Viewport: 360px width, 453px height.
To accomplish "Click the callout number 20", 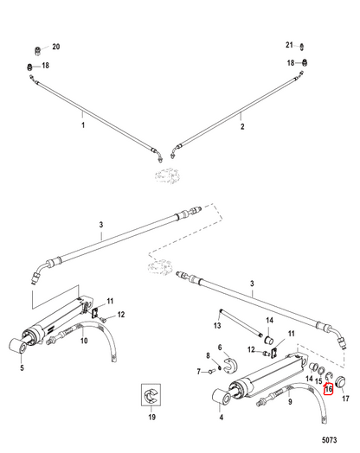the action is pyautogui.click(x=55, y=47).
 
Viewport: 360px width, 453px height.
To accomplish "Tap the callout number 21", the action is pyautogui.click(x=289, y=45).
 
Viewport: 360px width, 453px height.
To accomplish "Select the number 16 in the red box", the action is pyautogui.click(x=329, y=389).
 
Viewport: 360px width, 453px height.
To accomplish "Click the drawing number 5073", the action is pyautogui.click(x=330, y=440).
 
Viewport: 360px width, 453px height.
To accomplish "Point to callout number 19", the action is pyautogui.click(x=151, y=417).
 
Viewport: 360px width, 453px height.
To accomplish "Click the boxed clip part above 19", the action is pyautogui.click(x=151, y=395).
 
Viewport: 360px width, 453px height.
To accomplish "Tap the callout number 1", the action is pyautogui.click(x=83, y=125).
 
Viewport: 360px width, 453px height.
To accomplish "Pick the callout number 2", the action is pyautogui.click(x=242, y=126).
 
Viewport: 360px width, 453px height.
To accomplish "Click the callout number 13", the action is pyautogui.click(x=217, y=326).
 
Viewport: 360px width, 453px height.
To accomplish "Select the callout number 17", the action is pyautogui.click(x=345, y=399).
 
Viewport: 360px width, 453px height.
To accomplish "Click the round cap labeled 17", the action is pyautogui.click(x=340, y=382).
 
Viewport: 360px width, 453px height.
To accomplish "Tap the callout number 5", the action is pyautogui.click(x=22, y=368).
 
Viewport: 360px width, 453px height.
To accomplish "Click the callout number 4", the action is pyautogui.click(x=222, y=418).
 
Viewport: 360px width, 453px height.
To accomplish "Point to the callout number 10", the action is pyautogui.click(x=84, y=341).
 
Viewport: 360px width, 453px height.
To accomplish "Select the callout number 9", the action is pyautogui.click(x=290, y=402).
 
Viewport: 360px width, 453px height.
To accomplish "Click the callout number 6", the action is pyautogui.click(x=220, y=347).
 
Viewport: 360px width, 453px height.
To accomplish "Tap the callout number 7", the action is pyautogui.click(x=199, y=372).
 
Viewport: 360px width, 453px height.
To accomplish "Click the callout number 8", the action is pyautogui.click(x=208, y=355).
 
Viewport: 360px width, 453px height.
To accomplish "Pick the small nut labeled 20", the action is pyautogui.click(x=37, y=50).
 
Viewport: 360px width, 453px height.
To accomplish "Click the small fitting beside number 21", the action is pyautogui.click(x=302, y=47).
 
